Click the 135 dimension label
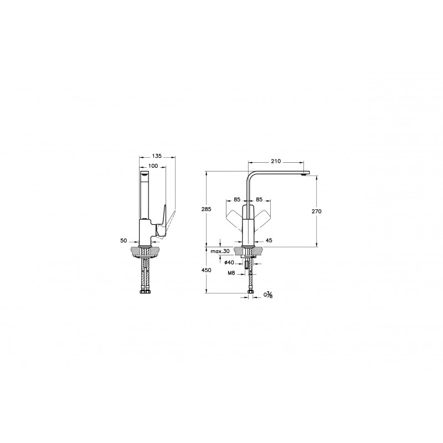[157, 156]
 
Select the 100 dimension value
[153, 166]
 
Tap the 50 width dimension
[123, 240]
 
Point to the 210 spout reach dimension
[276, 161]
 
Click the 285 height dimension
[207, 209]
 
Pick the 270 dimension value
[316, 211]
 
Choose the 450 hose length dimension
[207, 270]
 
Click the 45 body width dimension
[269, 240]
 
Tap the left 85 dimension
[237, 199]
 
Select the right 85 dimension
[259, 199]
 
